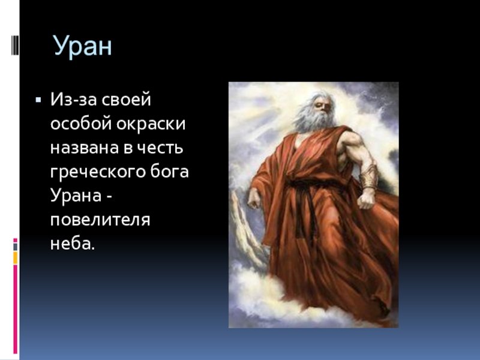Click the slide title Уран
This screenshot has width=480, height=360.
pos(83,46)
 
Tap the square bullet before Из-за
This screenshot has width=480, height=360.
pos(38,100)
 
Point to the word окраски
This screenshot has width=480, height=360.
pos(151,124)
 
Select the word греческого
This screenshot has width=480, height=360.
pos(97,172)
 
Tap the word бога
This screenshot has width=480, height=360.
pos(169,172)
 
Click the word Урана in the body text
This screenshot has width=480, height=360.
pos(76,196)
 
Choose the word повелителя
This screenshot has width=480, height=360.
pos(100,220)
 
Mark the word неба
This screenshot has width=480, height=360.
pos(73,244)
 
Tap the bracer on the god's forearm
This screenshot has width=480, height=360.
pos(369,176)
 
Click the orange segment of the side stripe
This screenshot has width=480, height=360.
pos(16,258)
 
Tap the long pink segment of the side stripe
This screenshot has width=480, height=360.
pos(16,309)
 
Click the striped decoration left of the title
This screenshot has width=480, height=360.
pos(15,46)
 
